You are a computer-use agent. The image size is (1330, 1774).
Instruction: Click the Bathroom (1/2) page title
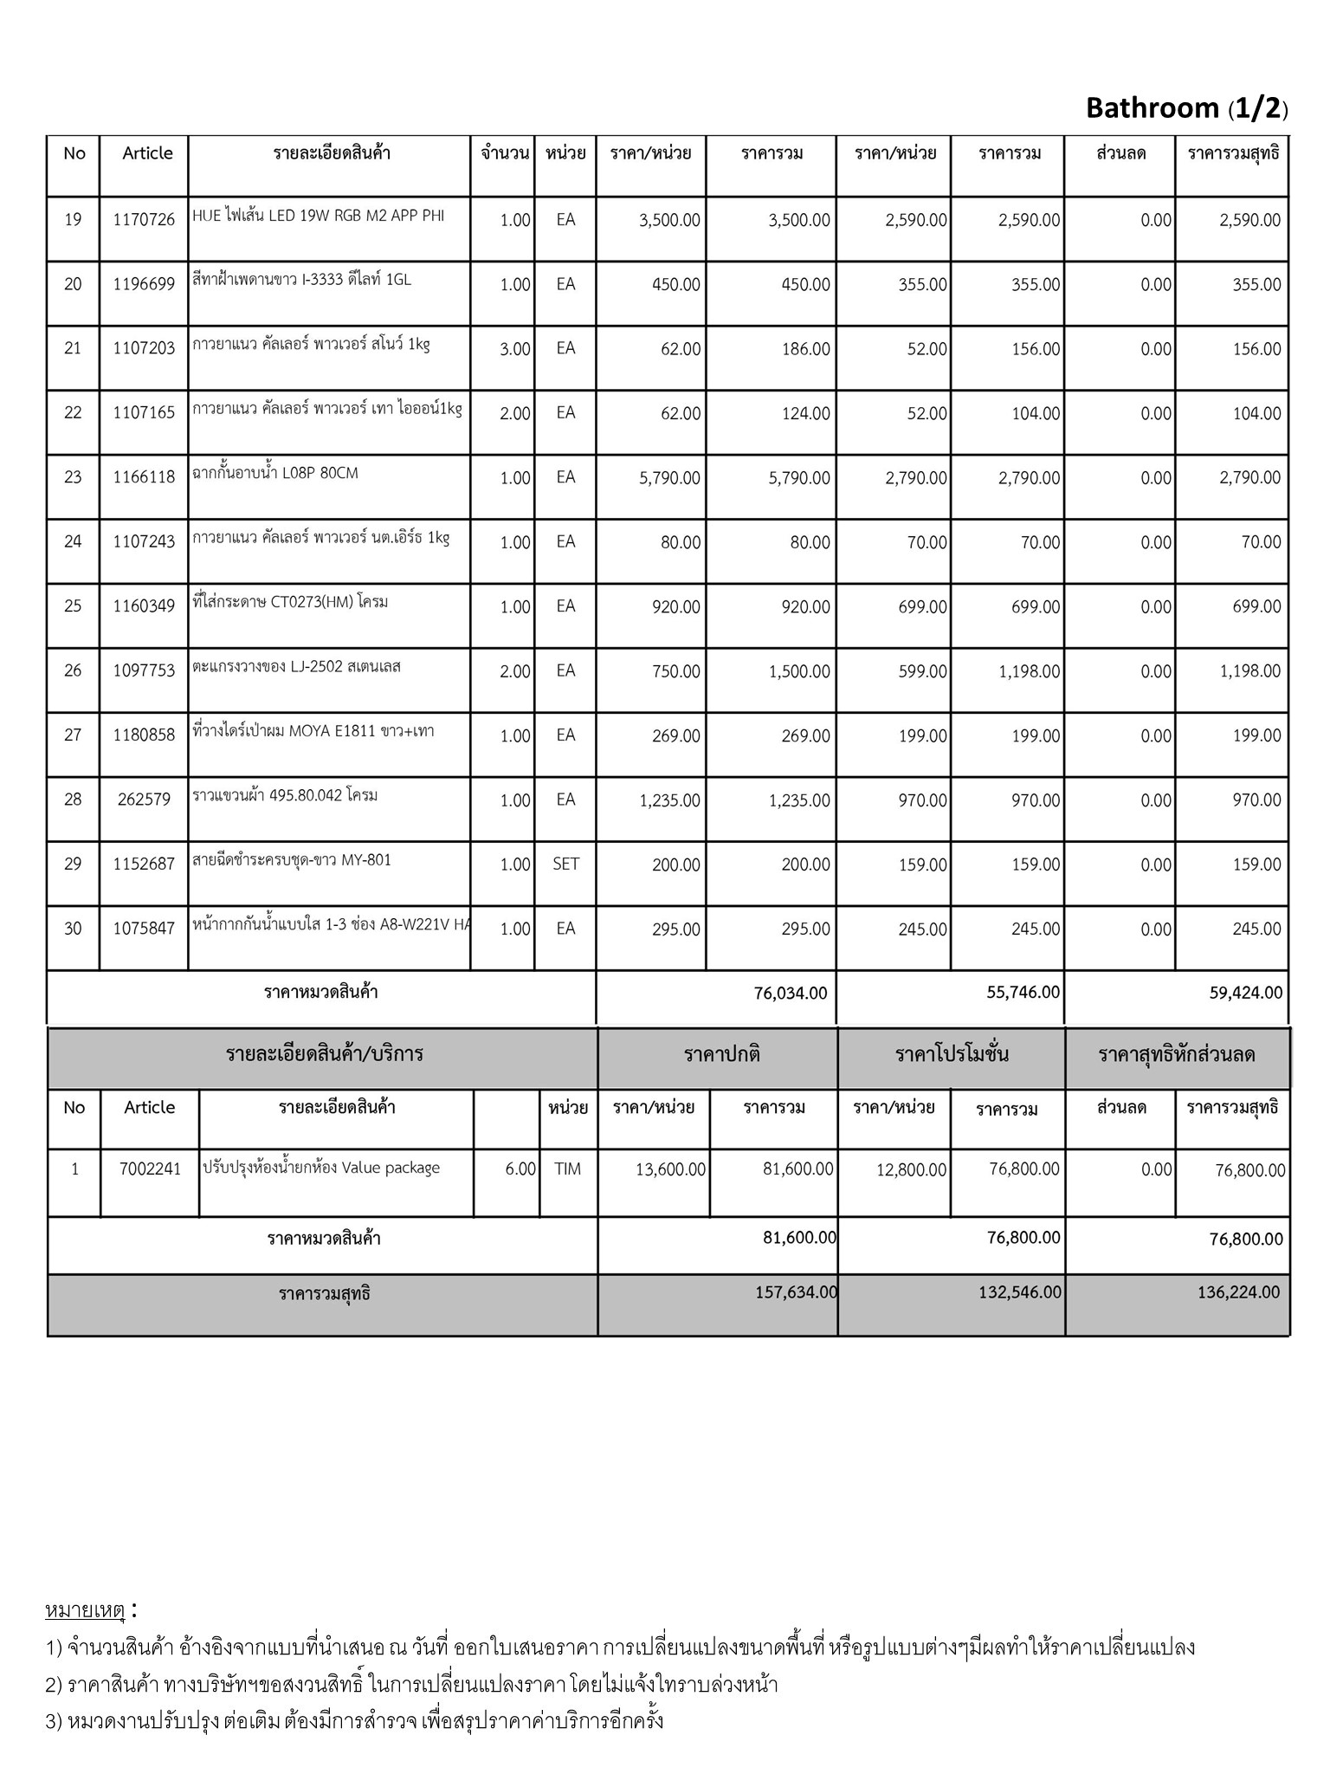click(1186, 108)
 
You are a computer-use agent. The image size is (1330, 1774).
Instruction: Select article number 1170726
click(144, 220)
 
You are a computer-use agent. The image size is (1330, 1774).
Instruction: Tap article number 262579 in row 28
click(144, 800)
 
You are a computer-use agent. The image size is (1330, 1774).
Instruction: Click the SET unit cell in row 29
click(565, 864)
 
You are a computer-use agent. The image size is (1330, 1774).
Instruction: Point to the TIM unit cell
click(567, 1169)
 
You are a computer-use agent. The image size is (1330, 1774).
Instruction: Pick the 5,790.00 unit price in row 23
click(669, 477)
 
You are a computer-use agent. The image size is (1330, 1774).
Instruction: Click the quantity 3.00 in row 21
click(514, 349)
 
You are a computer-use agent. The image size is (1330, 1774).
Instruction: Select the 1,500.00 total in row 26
click(798, 671)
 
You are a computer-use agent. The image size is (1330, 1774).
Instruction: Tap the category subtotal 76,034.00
click(790, 994)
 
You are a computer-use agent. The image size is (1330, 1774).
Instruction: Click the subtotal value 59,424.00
click(1245, 994)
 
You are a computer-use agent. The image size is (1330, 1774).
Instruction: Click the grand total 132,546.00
click(1019, 1292)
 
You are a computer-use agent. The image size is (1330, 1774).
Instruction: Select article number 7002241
click(150, 1169)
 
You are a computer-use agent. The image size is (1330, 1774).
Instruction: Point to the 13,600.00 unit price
click(670, 1170)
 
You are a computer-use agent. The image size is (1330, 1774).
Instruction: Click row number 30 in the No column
click(73, 929)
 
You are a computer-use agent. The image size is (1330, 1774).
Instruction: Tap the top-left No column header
click(74, 153)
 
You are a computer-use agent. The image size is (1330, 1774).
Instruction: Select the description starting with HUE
click(318, 216)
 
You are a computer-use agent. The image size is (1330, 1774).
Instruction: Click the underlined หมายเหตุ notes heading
click(85, 1611)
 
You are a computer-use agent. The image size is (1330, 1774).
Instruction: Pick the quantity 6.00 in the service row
click(520, 1169)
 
